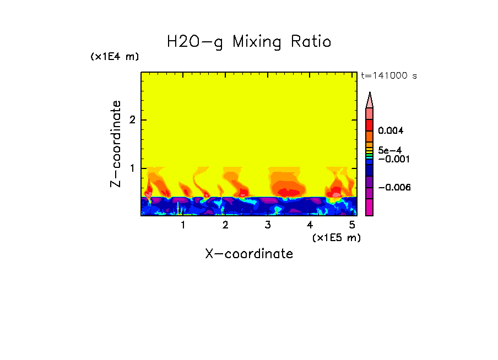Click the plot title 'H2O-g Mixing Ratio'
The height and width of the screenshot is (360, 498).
[x=249, y=42]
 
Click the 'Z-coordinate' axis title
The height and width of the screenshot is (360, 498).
[x=116, y=144]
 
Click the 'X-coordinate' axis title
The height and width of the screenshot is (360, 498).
[x=249, y=254]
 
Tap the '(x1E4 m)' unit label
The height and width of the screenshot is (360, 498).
[x=115, y=57]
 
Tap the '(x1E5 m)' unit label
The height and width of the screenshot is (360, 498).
[x=336, y=237]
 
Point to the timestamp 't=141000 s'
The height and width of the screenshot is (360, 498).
[x=388, y=76]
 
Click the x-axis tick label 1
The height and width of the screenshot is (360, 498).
[x=183, y=225]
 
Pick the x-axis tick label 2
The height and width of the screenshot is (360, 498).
[x=225, y=225]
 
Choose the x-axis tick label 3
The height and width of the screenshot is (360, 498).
[x=268, y=225]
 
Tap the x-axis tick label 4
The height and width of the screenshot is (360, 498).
[x=310, y=225]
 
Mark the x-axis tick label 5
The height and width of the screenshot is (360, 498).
[x=352, y=225]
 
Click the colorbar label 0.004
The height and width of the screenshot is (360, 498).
[x=391, y=131]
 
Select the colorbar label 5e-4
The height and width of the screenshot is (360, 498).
[x=389, y=150]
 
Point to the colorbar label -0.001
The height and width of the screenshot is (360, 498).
[x=392, y=159]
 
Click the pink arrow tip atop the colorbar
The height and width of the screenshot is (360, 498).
[x=370, y=100]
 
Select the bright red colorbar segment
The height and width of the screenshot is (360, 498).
[x=370, y=124]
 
